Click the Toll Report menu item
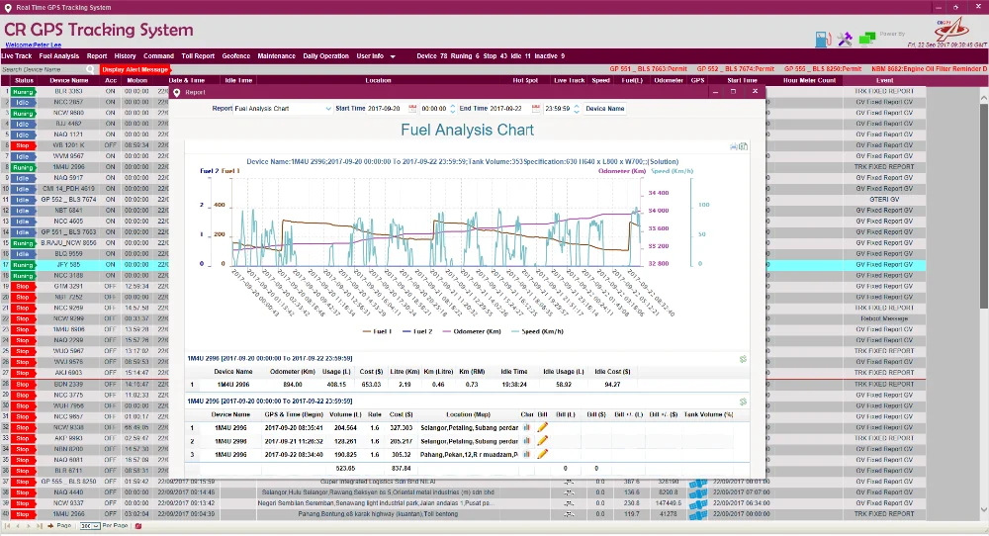[x=198, y=56]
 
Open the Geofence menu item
[x=235, y=56]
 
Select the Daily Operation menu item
[x=325, y=56]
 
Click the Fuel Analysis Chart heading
[x=467, y=130]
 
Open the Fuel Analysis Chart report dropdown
[x=282, y=108]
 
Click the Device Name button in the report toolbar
[x=604, y=109]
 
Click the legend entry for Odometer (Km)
[x=488, y=331]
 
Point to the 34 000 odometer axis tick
[x=658, y=210]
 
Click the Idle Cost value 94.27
[x=612, y=384]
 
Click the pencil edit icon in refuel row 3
[x=542, y=453]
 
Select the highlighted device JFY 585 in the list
[x=68, y=265]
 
